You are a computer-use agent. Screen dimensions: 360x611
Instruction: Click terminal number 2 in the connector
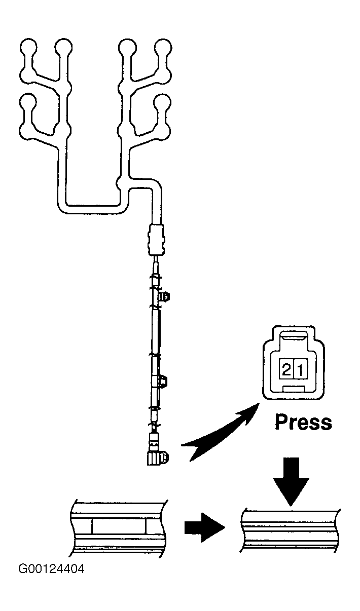point(286,370)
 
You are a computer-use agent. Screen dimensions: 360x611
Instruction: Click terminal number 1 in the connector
point(300,370)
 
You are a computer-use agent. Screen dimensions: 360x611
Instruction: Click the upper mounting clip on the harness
point(165,296)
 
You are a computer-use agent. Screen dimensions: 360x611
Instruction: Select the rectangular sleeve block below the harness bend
point(156,240)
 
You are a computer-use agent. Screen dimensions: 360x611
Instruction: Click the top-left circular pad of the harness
point(28,48)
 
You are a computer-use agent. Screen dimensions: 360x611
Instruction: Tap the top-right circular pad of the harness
point(163,48)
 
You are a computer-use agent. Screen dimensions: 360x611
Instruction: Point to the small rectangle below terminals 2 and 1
point(294,389)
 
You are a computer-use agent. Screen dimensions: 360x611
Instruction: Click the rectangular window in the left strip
point(119,526)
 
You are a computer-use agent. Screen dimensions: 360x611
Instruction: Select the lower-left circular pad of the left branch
point(28,102)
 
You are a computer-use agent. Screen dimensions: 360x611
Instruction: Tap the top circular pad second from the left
point(63,48)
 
